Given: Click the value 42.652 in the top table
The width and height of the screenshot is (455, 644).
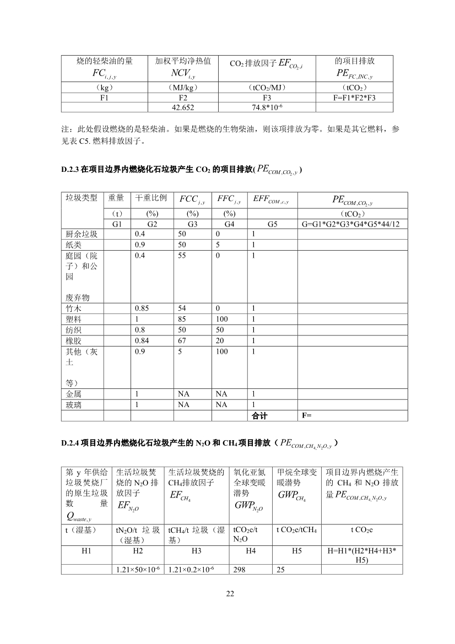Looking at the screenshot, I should (x=183, y=107).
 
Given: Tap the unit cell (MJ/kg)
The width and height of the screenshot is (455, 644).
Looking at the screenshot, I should (x=183, y=88).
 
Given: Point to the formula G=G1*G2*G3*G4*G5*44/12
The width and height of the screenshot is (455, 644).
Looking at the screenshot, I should (x=352, y=224).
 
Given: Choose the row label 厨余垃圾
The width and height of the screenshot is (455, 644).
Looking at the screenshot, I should (x=82, y=234).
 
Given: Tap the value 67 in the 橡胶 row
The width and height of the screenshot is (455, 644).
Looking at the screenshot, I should (x=182, y=340).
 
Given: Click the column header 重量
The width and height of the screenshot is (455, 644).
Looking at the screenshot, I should (x=116, y=197).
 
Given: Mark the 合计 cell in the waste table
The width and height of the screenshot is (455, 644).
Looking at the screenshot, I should (x=259, y=416).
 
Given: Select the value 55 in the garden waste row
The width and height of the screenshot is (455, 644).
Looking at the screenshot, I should (x=182, y=256).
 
